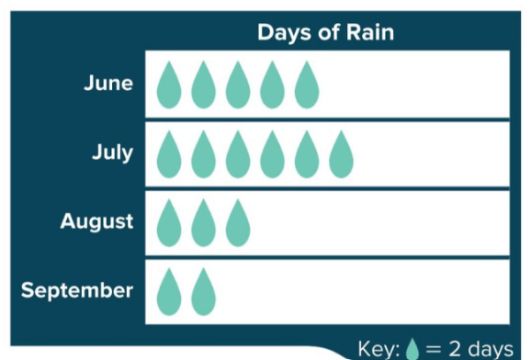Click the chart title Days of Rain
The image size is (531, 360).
click(326, 33)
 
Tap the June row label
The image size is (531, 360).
click(108, 83)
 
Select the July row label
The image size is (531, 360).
click(113, 152)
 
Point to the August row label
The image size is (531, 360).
click(96, 221)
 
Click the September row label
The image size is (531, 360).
click(77, 291)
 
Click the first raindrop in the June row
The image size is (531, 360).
click(169, 85)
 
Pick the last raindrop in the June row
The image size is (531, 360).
click(307, 85)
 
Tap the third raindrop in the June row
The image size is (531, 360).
click(238, 85)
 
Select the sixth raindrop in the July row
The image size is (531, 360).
click(342, 154)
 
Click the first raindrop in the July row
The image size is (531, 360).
click(169, 154)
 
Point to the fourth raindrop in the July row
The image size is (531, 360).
click(272, 154)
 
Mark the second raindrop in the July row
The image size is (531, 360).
click(203, 154)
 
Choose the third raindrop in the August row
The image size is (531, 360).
click(238, 223)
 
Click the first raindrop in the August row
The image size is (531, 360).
click(169, 223)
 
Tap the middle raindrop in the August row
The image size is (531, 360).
click(203, 223)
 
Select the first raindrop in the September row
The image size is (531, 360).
click(169, 292)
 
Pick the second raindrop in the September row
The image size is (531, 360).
click(203, 292)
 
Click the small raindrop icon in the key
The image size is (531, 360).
click(412, 349)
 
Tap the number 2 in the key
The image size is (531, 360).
click(455, 347)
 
